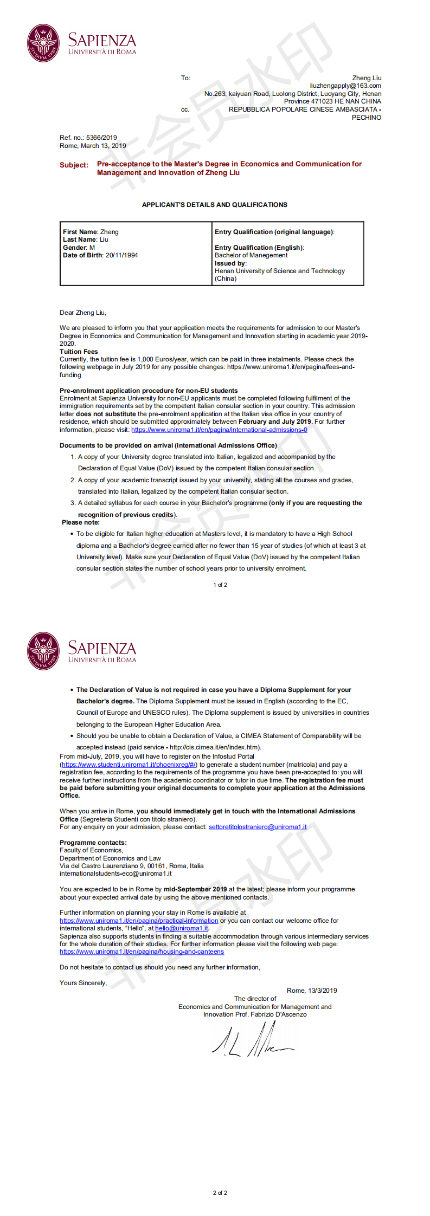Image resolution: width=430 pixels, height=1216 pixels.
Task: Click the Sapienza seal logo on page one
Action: (x=43, y=43)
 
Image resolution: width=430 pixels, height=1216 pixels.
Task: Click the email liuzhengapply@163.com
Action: (x=345, y=86)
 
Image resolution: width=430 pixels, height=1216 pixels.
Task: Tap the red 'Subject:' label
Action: (x=74, y=165)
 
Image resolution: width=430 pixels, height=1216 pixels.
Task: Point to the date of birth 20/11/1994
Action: (x=121, y=255)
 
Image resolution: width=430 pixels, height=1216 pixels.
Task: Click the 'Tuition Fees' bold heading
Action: (x=79, y=352)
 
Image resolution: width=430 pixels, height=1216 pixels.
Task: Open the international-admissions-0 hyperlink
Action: (x=219, y=430)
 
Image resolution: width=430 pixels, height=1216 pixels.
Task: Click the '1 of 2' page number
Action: (x=220, y=585)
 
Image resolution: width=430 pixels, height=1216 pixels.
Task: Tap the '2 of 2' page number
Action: (x=220, y=1193)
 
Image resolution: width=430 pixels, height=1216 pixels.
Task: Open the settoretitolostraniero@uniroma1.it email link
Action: (x=258, y=827)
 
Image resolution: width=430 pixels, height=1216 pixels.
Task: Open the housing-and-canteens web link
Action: (x=142, y=952)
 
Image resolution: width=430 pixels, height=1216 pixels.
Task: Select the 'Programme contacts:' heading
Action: (x=93, y=843)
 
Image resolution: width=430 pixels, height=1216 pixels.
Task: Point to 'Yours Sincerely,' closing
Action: (x=83, y=983)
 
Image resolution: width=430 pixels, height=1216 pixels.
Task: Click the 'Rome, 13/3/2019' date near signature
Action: (x=312, y=991)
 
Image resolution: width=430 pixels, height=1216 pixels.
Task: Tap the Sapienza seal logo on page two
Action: (x=43, y=651)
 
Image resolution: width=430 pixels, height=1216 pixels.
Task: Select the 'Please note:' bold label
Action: (x=81, y=522)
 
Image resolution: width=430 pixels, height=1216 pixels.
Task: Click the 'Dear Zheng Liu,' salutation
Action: (x=83, y=313)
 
